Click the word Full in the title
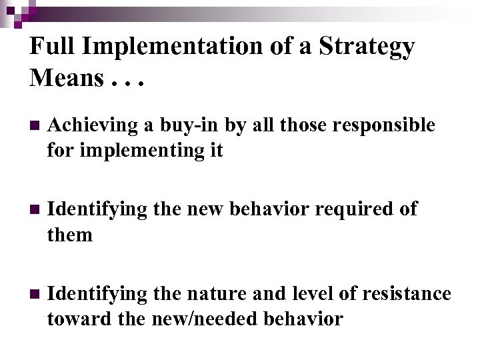tap(51, 47)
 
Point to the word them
tap(69, 235)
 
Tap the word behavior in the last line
tap(303, 319)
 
